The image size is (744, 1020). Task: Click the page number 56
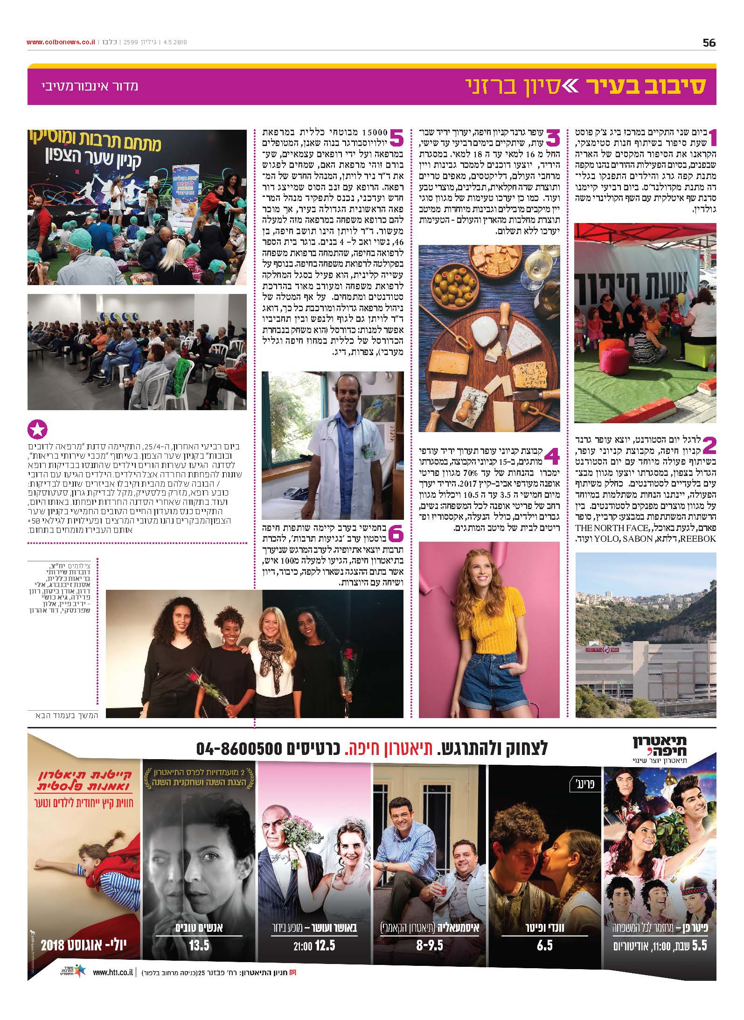pyautogui.click(x=709, y=42)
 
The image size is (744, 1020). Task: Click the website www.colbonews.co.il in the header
pyautogui.click(x=61, y=42)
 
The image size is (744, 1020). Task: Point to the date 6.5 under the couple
pyautogui.click(x=544, y=945)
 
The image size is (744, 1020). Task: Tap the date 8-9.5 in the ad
pyautogui.click(x=429, y=945)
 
